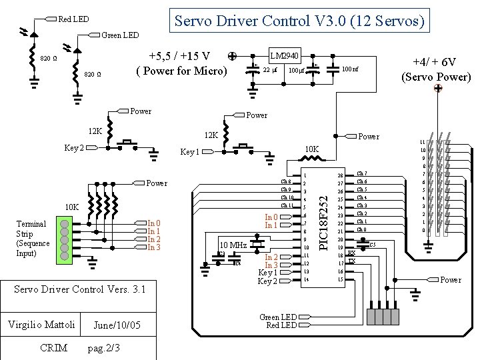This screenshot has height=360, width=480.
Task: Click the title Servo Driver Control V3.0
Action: pos(299,21)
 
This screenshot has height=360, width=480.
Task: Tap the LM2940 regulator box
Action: pos(283,55)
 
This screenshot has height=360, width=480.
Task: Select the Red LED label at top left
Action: pos(73,19)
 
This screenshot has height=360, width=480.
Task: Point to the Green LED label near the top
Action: pos(120,35)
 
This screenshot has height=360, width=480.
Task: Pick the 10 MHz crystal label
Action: pos(233,245)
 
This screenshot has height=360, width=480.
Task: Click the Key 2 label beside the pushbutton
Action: pos(74,147)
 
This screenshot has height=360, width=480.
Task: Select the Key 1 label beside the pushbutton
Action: pos(190,153)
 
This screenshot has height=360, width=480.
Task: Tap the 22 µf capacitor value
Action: pos(269,70)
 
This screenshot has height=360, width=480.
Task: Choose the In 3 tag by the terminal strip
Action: pos(153,248)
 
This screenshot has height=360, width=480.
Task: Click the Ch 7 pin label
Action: pos(362,174)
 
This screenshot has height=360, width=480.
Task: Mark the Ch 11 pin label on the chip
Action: pos(287,205)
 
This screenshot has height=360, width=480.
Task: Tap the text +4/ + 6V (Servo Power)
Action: pos(436,69)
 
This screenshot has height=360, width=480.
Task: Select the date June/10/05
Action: pos(117,325)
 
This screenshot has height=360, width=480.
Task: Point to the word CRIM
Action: pos(53,347)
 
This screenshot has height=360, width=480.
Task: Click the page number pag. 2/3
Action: pos(103,348)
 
